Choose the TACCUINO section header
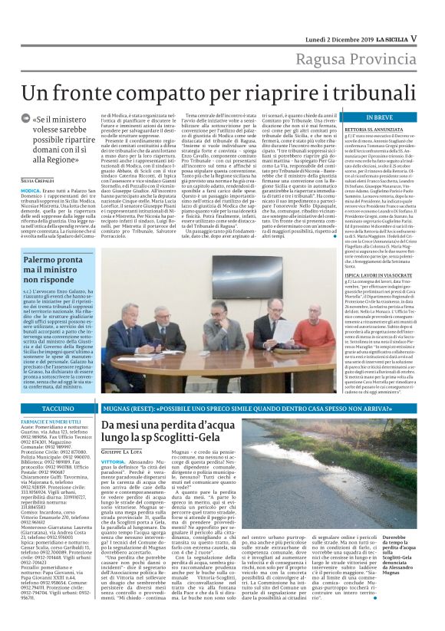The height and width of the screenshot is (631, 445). [x=55, y=411]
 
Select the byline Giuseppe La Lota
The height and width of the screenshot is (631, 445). [x=126, y=454]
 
